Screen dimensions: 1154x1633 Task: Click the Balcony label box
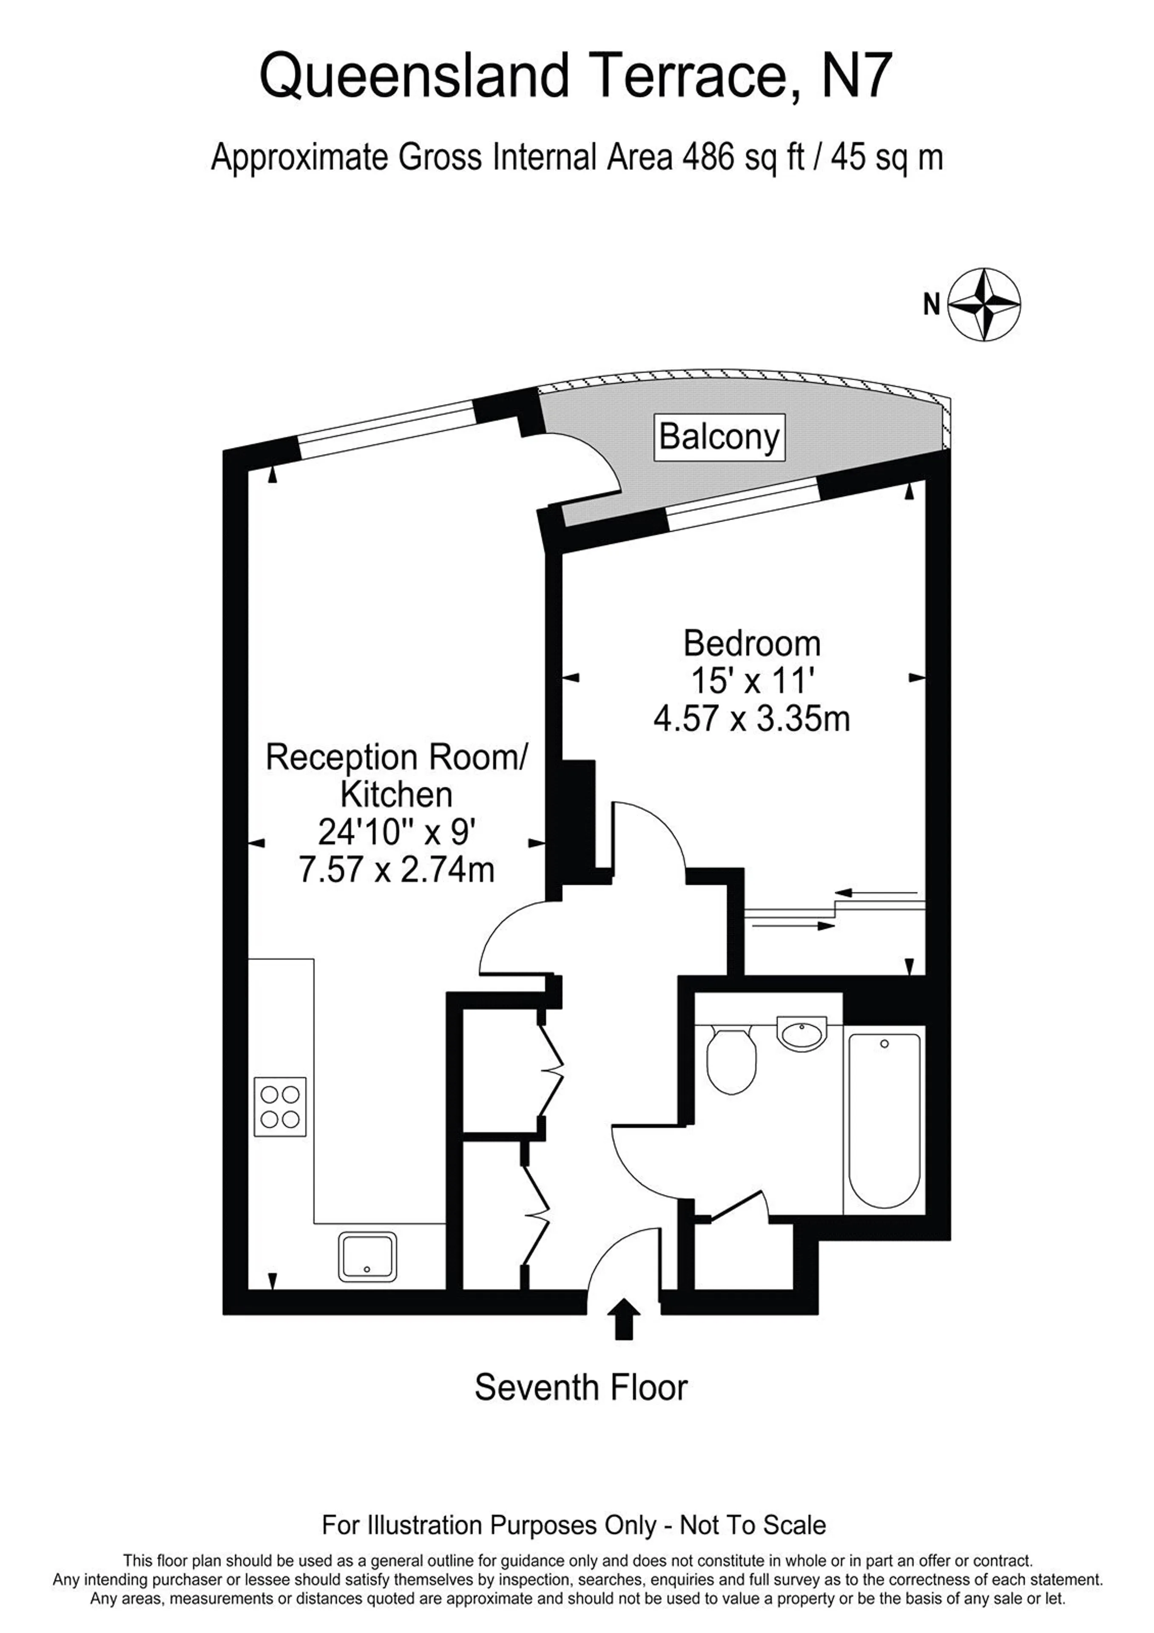click(x=719, y=437)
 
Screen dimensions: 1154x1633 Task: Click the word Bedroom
click(x=752, y=644)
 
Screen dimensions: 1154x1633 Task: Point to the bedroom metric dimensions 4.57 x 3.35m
click(x=752, y=719)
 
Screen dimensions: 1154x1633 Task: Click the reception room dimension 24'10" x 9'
click(x=396, y=831)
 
